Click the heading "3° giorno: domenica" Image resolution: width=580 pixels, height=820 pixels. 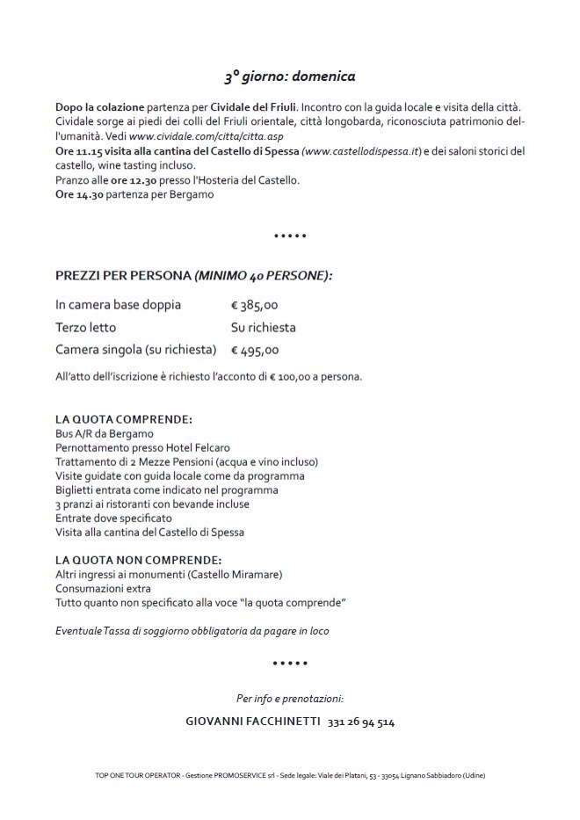pyautogui.click(x=289, y=76)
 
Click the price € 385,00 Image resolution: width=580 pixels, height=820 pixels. pyautogui.click(x=254, y=305)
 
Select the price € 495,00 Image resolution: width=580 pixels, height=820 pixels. pyautogui.click(x=254, y=349)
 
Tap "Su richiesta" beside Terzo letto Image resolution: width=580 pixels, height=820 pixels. pyautogui.click(x=263, y=327)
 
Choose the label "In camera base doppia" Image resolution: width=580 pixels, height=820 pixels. pyautogui.click(x=118, y=305)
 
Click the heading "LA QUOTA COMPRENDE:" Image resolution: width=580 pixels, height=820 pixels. pyautogui.click(x=123, y=420)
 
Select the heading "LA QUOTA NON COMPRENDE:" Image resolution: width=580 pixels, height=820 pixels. pyautogui.click(x=138, y=560)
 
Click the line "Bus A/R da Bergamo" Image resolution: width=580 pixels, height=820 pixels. pyautogui.click(x=104, y=433)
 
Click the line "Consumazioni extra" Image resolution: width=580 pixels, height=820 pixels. pyautogui.click(x=103, y=588)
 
